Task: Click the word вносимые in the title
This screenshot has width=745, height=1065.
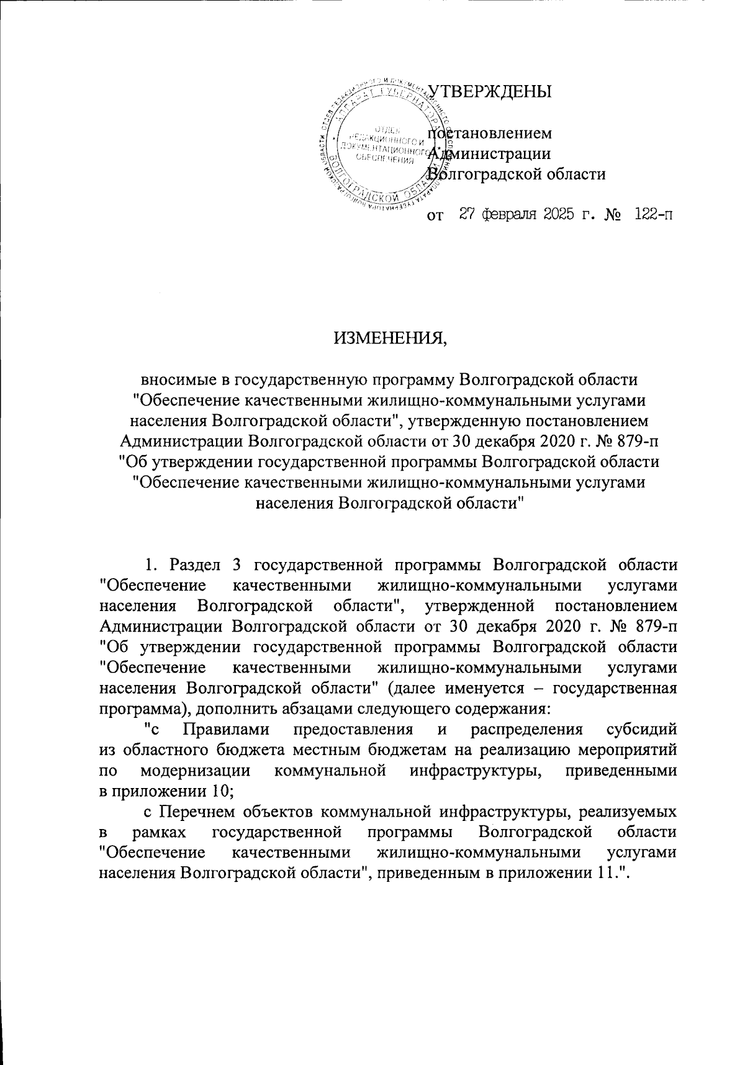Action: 177,378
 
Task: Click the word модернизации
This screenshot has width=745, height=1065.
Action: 196,770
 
